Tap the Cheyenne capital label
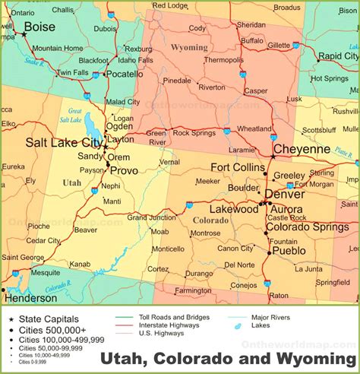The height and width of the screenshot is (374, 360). [x=302, y=149]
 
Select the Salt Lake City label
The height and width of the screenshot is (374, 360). [x=62, y=142]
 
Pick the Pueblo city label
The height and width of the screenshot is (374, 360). [x=289, y=250]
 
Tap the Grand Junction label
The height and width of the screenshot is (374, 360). [x=152, y=217]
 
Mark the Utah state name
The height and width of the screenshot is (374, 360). [x=71, y=183]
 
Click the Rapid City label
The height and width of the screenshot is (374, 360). [x=338, y=56]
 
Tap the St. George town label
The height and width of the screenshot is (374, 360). [x=24, y=258]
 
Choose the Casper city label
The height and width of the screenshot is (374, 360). [x=256, y=90]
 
